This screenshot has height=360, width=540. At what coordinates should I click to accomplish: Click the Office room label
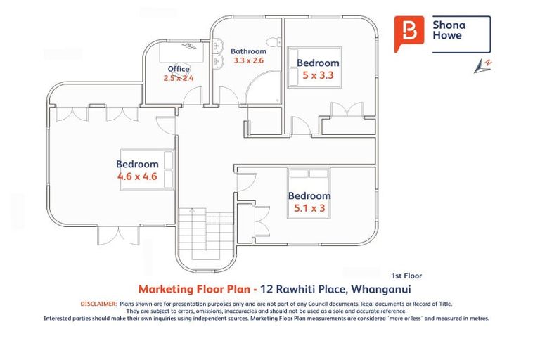[x=179, y=68]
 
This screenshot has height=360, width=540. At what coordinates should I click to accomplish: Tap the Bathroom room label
[x=248, y=51]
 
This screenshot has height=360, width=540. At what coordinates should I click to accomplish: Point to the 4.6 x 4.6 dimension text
[x=137, y=176]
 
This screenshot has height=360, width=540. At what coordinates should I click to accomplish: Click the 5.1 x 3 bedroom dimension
[x=309, y=207]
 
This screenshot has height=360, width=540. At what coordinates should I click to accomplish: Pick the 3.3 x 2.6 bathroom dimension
[x=248, y=61]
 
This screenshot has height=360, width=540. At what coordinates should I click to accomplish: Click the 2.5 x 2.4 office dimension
[x=179, y=78]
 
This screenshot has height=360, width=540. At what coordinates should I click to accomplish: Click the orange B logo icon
[x=408, y=33]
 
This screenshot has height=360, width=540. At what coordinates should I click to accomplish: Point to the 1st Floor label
[x=406, y=276]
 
